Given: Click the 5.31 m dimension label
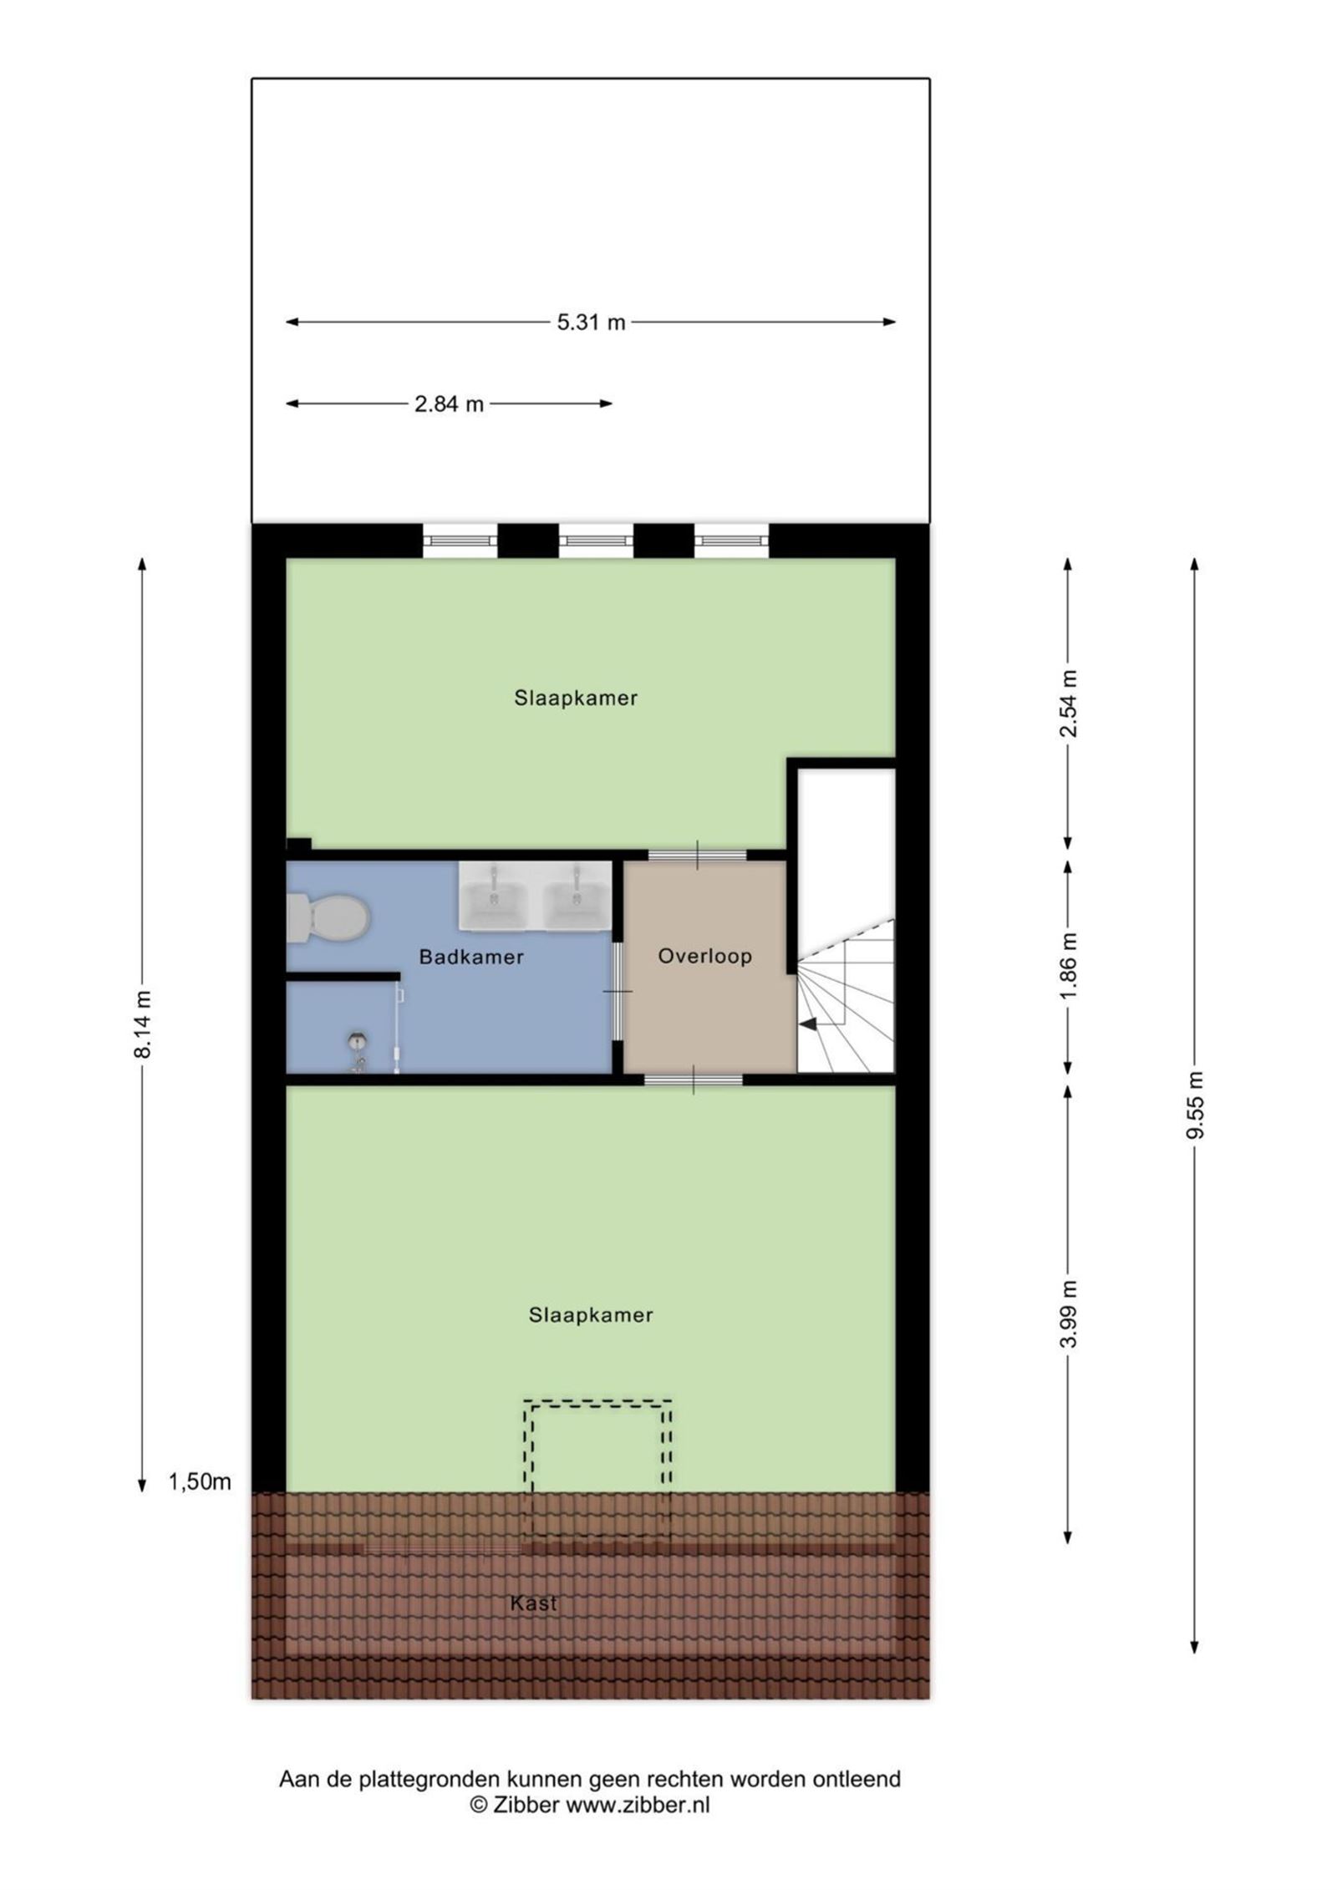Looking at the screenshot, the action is click(591, 323).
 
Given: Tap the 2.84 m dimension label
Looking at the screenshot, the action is click(449, 404).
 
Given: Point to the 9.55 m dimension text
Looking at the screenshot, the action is click(1196, 1105).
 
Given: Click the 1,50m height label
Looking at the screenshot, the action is click(200, 1482).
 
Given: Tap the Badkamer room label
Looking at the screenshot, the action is click(471, 957).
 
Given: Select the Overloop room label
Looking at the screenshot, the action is click(704, 956).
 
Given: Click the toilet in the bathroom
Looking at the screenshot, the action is click(328, 918).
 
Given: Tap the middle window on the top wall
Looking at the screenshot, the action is click(595, 541).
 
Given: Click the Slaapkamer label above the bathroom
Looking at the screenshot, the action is click(576, 698).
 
